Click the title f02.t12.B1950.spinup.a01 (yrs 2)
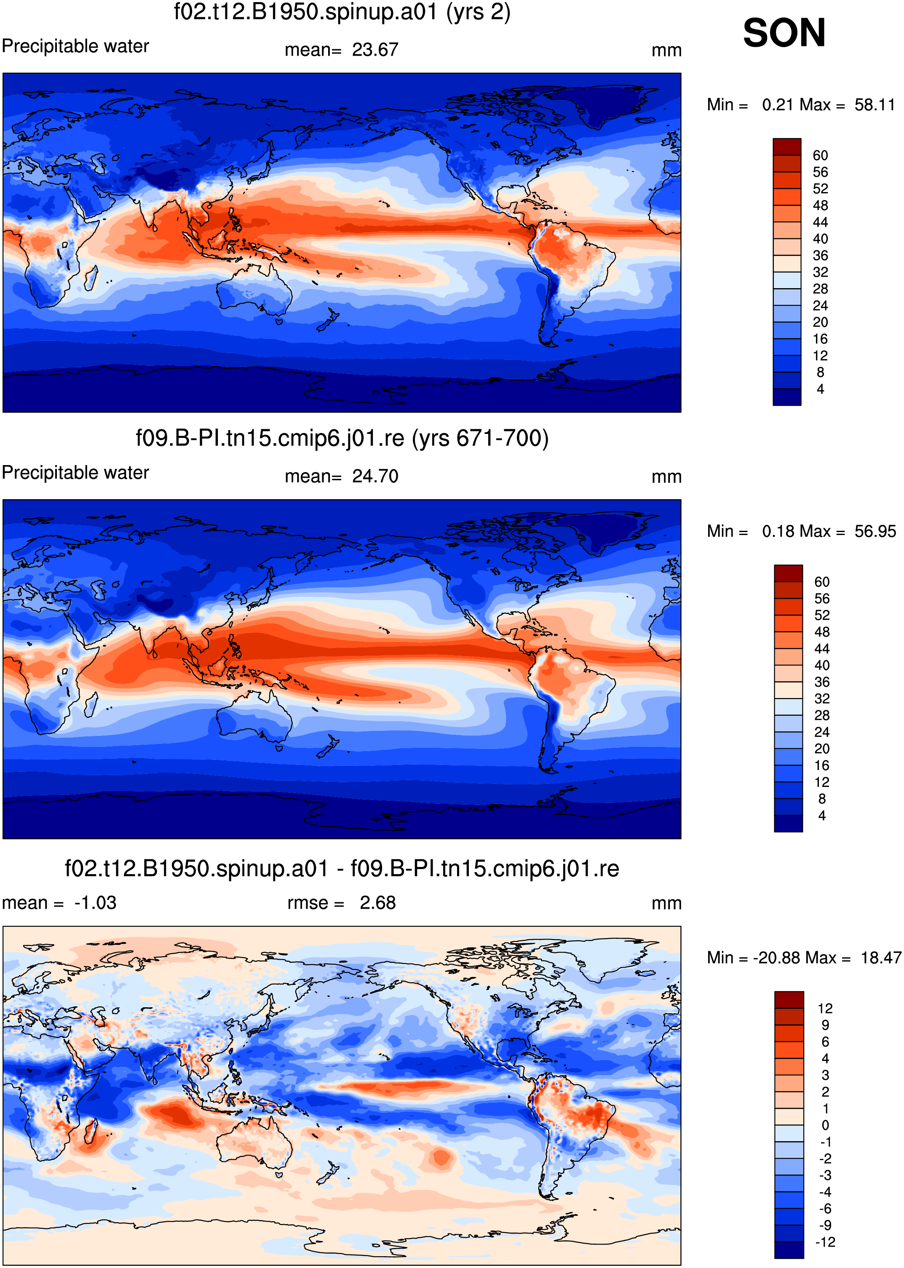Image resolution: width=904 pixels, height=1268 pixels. click(342, 12)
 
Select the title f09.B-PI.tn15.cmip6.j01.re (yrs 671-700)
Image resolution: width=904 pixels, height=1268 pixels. click(342, 438)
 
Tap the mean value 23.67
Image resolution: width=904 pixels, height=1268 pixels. click(375, 50)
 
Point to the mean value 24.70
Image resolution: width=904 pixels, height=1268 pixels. click(375, 476)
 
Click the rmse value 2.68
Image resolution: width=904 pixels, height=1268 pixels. click(377, 903)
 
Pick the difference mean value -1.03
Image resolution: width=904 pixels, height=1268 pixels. click(95, 903)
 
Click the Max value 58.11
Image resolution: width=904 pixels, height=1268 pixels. click(875, 104)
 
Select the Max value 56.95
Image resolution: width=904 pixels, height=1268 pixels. click(875, 531)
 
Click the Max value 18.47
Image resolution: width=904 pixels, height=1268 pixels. click(880, 958)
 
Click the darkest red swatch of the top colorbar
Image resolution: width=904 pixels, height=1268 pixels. click(787, 147)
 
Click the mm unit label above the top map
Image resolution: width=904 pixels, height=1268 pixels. click(666, 50)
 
